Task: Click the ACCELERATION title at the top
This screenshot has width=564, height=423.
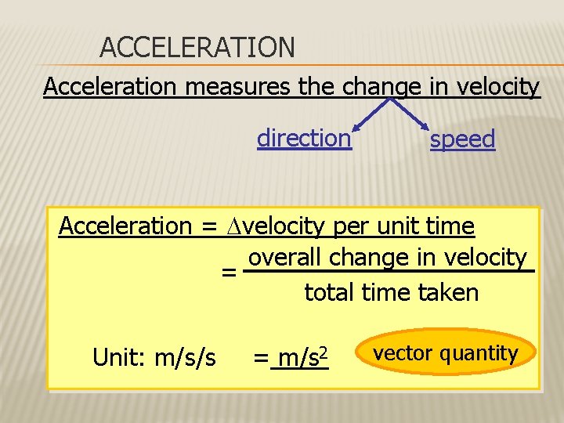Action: (x=197, y=48)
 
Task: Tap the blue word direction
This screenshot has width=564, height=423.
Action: (x=304, y=139)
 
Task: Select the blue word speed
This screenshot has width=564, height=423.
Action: (x=462, y=140)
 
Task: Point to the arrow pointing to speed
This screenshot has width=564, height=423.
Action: (x=413, y=114)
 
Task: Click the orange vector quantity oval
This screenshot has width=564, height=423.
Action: (x=446, y=353)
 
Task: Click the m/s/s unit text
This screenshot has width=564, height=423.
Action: (x=186, y=359)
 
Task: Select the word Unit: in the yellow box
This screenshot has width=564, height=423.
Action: (x=121, y=359)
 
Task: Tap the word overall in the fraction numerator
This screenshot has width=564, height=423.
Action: (x=285, y=258)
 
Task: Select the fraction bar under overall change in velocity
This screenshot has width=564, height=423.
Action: (x=389, y=272)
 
